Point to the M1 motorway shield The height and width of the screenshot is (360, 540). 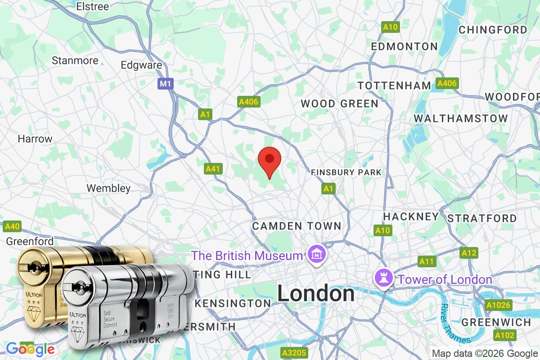pos(165,83)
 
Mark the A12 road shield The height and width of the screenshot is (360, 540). pos(468,253)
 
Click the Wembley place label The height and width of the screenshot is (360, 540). pos(108,188)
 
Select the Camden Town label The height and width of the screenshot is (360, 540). pos(297,226)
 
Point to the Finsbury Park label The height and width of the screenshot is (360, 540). pos(346,172)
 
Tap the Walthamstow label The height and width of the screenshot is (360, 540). pos(461,118)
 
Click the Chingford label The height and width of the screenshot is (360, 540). pos(492,30)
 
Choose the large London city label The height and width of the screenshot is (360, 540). pos(315,294)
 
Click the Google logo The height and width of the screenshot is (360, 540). pos(30,348)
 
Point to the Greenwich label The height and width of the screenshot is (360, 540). pos(496,322)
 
